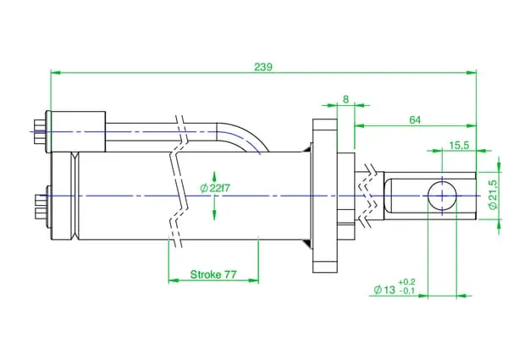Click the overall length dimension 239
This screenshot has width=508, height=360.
point(263,67)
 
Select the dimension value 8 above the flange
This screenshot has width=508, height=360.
point(345,99)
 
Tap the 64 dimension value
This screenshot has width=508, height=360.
point(415,120)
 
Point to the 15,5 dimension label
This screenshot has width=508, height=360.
point(459,146)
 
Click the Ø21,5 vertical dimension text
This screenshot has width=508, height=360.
point(493,195)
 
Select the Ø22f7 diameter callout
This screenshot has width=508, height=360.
point(215,188)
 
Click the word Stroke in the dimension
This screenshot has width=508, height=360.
point(206,274)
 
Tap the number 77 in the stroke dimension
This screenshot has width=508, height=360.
point(230,274)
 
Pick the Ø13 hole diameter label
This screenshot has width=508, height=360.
point(384,290)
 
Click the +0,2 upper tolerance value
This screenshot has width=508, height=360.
point(406,282)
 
